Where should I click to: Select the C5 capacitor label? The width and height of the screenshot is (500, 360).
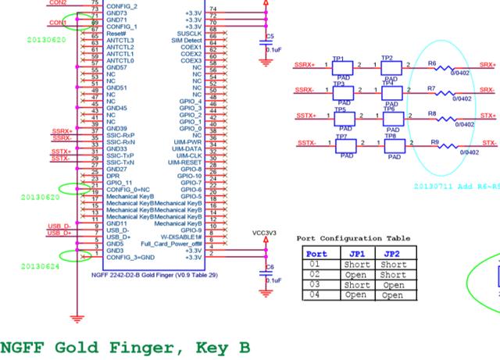coord(270,37)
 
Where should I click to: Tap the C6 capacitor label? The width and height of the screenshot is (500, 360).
coord(270,267)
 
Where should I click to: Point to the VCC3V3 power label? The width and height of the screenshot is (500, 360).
coord(265,233)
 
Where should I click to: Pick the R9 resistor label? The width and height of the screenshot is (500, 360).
coord(435,141)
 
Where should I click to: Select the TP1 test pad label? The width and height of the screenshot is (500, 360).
coord(338,59)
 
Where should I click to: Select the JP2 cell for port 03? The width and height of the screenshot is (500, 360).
coord(393,285)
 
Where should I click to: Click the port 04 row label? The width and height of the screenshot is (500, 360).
coord(316,295)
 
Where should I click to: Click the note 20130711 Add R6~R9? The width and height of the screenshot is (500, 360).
coord(456,187)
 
